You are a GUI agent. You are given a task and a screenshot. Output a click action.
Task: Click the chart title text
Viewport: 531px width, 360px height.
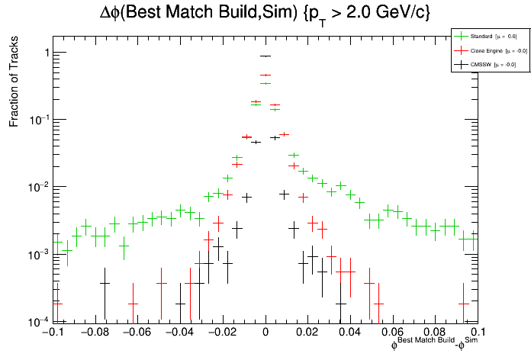265,13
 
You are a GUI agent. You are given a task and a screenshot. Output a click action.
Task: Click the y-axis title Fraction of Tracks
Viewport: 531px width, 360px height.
14,85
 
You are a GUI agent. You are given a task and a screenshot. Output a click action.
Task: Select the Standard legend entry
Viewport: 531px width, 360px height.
484,36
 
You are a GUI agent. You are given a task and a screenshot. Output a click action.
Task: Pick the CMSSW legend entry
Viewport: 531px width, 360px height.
482,65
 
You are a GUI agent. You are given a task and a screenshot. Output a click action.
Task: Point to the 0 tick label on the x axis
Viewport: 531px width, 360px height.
265,333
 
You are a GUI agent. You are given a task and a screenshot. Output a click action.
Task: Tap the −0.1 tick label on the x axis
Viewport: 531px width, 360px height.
52,333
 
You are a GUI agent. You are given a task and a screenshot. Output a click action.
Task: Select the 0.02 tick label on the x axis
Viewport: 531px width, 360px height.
307,333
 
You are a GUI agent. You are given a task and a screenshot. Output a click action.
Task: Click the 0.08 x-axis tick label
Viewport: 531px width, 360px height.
435,333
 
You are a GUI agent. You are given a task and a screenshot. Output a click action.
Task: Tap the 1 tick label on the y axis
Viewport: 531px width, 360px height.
43,53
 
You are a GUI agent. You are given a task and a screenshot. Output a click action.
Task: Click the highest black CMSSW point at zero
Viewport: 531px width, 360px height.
265,56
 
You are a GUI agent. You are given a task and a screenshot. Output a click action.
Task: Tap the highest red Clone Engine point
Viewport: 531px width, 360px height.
265,75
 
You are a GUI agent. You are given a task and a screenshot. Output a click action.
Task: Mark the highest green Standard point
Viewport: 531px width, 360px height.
265,83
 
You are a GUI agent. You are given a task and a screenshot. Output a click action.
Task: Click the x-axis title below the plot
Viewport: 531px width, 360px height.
434,345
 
